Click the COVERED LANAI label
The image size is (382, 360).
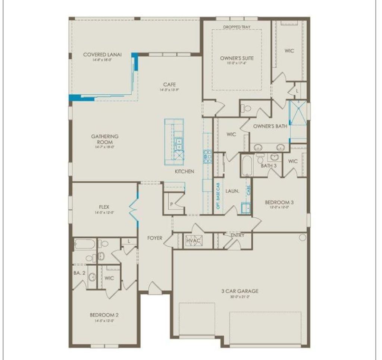[97, 54]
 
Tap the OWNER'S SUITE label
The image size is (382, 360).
[237, 58]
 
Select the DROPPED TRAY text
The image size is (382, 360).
[237, 27]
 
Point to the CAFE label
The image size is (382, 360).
[169, 85]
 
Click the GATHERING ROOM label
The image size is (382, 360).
[105, 139]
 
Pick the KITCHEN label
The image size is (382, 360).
[185, 171]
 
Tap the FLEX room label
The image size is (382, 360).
[104, 207]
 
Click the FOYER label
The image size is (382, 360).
[155, 238]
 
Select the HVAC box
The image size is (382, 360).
[194, 241]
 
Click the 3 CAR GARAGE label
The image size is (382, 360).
[239, 291]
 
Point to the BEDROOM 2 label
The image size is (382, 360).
[104, 315]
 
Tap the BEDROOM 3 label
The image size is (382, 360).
[279, 202]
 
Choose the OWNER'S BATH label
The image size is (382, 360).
[270, 126]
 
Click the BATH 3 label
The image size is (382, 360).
[269, 165]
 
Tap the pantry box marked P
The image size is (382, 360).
[172, 204]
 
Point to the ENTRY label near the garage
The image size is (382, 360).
[238, 235]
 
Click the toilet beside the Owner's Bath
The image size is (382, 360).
[247, 108]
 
